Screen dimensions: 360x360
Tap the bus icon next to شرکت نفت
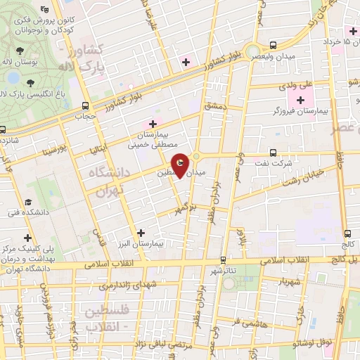273,153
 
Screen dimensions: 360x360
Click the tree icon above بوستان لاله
18,51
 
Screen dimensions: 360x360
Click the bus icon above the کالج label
347,233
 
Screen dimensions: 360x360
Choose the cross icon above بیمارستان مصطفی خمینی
151,124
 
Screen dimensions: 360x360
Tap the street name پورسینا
53,151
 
